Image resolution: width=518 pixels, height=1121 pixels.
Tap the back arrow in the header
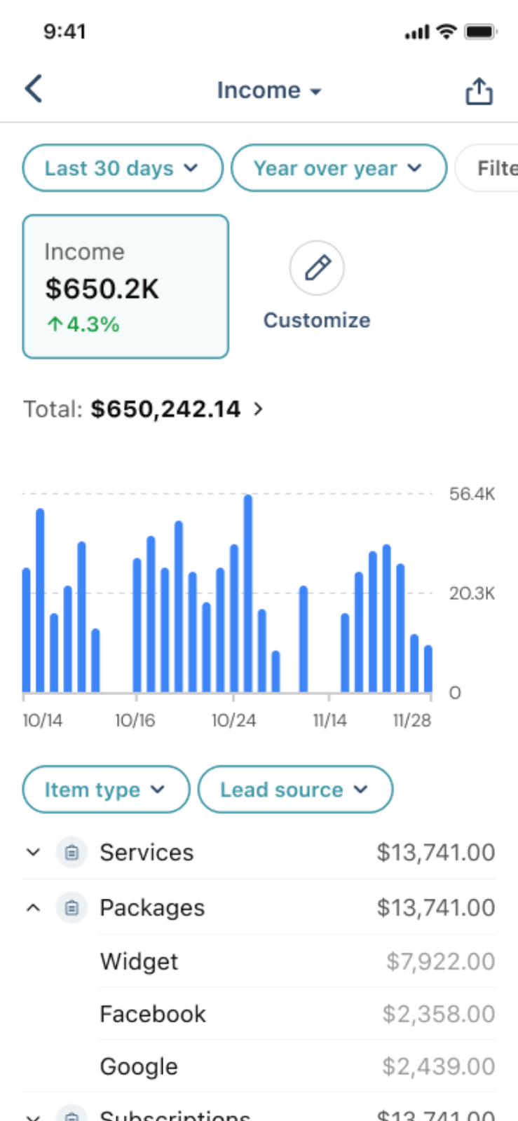(x=34, y=89)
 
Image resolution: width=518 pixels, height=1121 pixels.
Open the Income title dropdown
(x=268, y=90)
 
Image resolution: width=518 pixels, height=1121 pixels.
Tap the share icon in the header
(x=479, y=91)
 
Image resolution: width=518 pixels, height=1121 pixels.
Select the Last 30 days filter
(x=122, y=168)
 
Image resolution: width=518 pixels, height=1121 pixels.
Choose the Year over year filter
(x=338, y=168)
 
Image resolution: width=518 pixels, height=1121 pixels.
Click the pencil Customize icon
(x=317, y=268)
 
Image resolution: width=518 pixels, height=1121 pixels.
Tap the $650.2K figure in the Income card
(x=102, y=289)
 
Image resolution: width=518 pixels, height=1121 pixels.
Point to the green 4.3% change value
(x=84, y=324)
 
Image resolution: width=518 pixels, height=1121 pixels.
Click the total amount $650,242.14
(x=165, y=409)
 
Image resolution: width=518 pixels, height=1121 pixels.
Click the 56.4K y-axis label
(x=472, y=494)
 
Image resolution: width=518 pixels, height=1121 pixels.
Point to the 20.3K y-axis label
(x=472, y=593)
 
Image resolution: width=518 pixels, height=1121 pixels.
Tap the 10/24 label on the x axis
(x=233, y=720)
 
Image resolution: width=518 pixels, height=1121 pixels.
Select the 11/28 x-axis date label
(x=412, y=720)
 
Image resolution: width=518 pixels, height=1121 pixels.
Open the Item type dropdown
(x=105, y=790)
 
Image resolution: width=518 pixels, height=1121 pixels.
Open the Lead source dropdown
(x=294, y=790)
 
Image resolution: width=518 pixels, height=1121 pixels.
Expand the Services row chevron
(x=33, y=852)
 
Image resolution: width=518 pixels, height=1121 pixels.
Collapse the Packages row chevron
(x=33, y=907)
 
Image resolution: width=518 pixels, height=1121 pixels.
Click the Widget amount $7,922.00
(x=440, y=961)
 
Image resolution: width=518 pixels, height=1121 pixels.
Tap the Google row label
(x=139, y=1066)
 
